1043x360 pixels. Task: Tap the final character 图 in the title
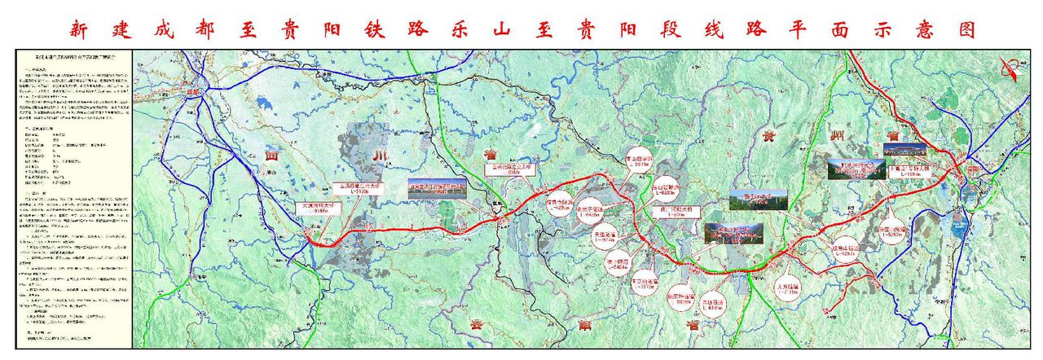(x=966, y=30)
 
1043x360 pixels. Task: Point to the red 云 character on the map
(x=477, y=323)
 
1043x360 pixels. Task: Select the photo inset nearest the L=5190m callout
(x=437, y=189)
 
